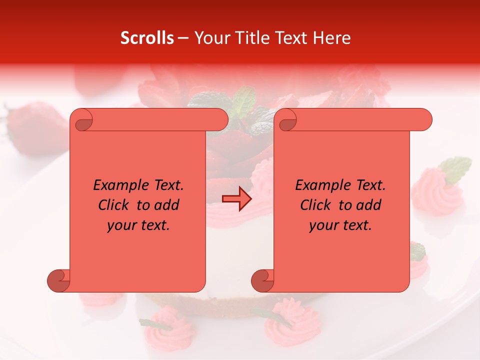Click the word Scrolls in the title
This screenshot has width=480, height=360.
tap(147, 38)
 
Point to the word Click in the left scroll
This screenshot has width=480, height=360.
tap(116, 205)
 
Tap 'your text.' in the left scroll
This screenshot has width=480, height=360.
tap(138, 225)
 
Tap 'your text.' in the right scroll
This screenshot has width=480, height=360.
tap(340, 225)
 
